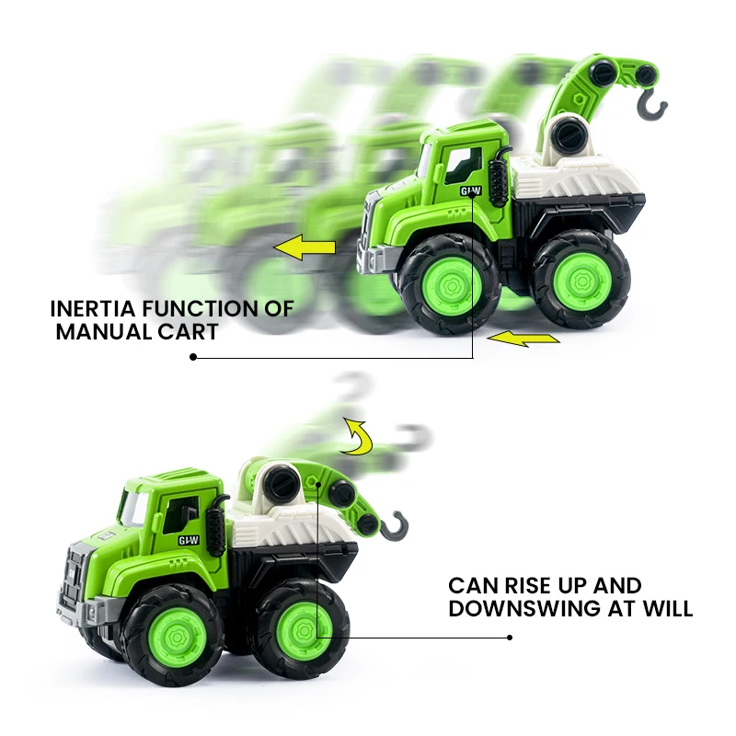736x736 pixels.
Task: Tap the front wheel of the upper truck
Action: click(449, 283)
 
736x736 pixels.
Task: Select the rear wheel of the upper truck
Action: click(580, 277)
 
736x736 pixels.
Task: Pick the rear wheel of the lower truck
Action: click(301, 624)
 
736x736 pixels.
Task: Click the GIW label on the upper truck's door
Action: click(471, 191)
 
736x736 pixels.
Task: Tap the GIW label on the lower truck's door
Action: click(189, 542)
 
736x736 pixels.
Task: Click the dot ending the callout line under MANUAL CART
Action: click(193, 357)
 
